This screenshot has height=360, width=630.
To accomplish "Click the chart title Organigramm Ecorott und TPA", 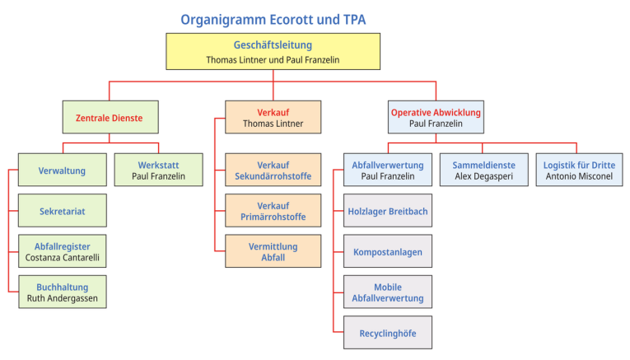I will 273,18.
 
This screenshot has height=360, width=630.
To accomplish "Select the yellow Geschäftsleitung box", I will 273,52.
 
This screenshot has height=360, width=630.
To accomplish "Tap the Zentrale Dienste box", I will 110,118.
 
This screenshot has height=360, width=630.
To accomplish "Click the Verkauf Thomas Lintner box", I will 273,118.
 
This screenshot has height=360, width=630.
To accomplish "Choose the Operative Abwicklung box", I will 436,118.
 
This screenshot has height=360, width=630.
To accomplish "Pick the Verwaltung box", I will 63,171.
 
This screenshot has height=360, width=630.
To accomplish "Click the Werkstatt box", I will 158,171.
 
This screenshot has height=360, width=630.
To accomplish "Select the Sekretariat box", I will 63,211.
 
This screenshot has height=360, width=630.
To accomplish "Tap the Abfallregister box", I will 63,252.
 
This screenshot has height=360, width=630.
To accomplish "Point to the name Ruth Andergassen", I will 63,298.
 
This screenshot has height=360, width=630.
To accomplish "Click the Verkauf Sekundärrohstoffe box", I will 273,171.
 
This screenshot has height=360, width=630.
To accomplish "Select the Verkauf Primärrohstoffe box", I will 273,211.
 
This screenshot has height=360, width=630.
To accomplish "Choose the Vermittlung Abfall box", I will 273,251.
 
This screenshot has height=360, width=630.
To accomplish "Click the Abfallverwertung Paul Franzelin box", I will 387,171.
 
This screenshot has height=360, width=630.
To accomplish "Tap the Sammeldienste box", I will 483,171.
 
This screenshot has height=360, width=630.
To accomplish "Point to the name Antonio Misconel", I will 579,176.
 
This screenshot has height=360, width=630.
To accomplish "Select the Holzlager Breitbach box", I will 387,211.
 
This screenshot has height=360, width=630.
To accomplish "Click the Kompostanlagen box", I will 387,251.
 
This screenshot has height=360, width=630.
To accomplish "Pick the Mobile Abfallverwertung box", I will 387,292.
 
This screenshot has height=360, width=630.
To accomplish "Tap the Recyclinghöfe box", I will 387,333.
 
